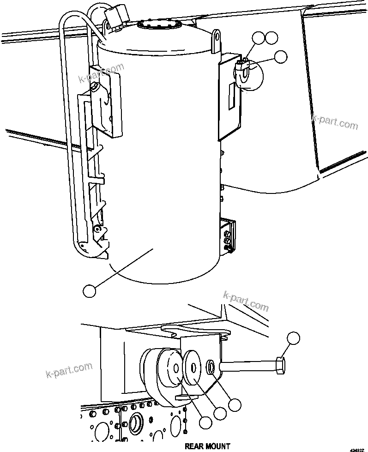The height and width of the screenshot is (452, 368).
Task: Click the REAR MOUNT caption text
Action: [207, 446]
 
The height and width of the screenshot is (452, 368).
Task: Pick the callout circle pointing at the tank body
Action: [89, 291]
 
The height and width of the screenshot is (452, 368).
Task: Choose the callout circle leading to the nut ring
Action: [235, 404]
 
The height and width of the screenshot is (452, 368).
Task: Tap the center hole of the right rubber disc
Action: [193, 368]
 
